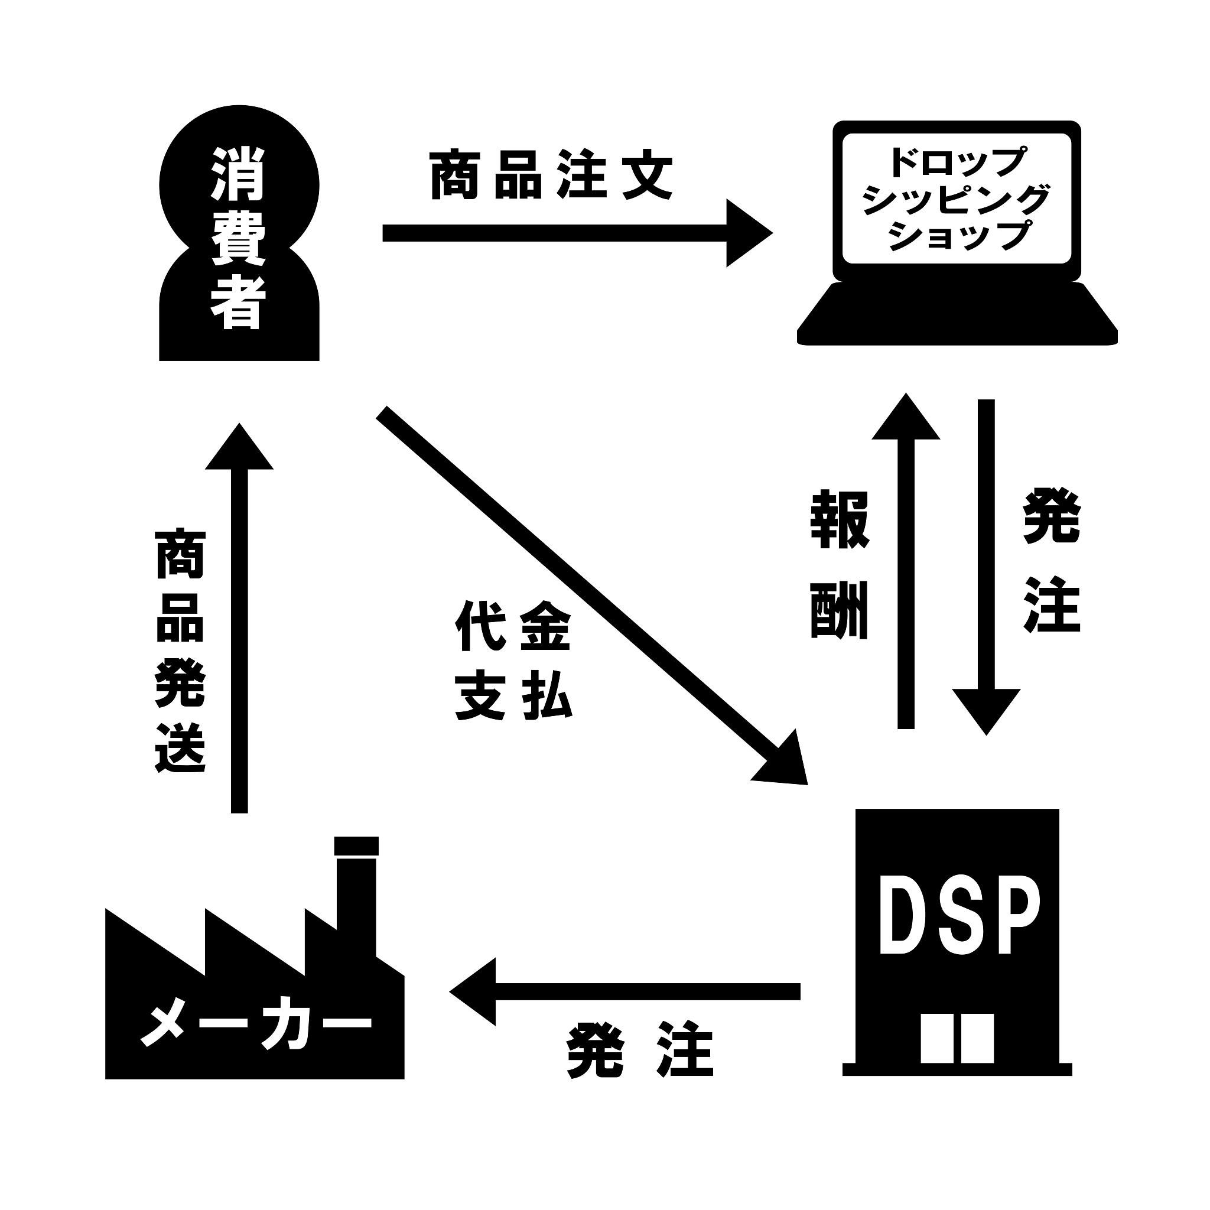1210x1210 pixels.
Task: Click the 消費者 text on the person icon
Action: pyautogui.click(x=239, y=238)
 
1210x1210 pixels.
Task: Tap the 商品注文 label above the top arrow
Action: pyautogui.click(x=551, y=175)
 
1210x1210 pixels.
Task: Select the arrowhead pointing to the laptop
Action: pyautogui.click(x=749, y=233)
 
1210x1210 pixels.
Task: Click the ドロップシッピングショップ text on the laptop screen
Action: pyautogui.click(x=957, y=199)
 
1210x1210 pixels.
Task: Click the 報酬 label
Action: pyautogui.click(x=839, y=565)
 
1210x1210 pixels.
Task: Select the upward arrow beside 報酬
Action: pyautogui.click(x=906, y=564)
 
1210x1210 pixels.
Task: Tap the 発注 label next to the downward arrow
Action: pyautogui.click(x=1052, y=561)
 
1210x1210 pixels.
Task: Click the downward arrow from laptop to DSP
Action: pyautogui.click(x=986, y=564)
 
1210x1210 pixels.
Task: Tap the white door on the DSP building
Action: pyautogui.click(x=957, y=1037)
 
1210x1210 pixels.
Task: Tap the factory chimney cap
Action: pyautogui.click(x=356, y=845)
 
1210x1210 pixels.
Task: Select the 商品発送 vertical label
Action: pyautogui.click(x=180, y=651)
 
